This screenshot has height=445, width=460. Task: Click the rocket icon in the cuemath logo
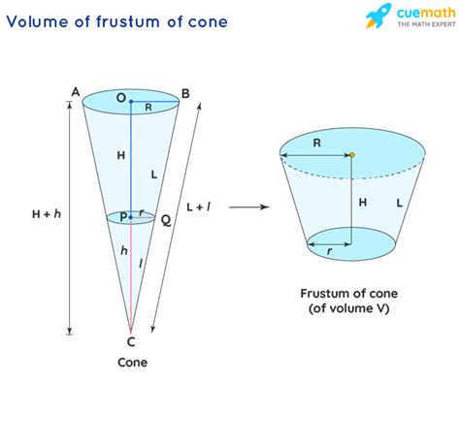pos(378,16)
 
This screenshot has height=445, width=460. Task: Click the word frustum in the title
pos(128,21)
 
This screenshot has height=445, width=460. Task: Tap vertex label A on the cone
pos(76,92)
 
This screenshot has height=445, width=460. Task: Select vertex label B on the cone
pos(185,94)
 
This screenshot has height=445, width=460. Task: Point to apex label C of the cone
pos(131,341)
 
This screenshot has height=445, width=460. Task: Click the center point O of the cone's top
pos(131,102)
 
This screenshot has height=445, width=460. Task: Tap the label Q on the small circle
pos(166,221)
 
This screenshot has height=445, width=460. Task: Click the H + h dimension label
pos(47,214)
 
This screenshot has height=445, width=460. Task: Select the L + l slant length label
pos(199,207)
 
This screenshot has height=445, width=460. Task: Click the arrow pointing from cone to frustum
pos(249,207)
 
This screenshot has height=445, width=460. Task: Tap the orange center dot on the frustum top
pos(352,155)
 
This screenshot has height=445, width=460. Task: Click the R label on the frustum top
pos(317,143)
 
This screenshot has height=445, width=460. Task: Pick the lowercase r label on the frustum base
pos(329,251)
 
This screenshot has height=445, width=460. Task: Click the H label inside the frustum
pos(363,203)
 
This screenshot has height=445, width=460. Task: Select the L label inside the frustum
pos(400,203)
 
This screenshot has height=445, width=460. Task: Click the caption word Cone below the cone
pos(132,363)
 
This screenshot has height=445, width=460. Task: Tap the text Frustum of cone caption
pos(349,294)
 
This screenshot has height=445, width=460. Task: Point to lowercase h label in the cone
pos(124,250)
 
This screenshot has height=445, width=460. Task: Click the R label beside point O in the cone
pos(148,108)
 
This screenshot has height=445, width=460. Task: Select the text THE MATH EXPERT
pos(426,24)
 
